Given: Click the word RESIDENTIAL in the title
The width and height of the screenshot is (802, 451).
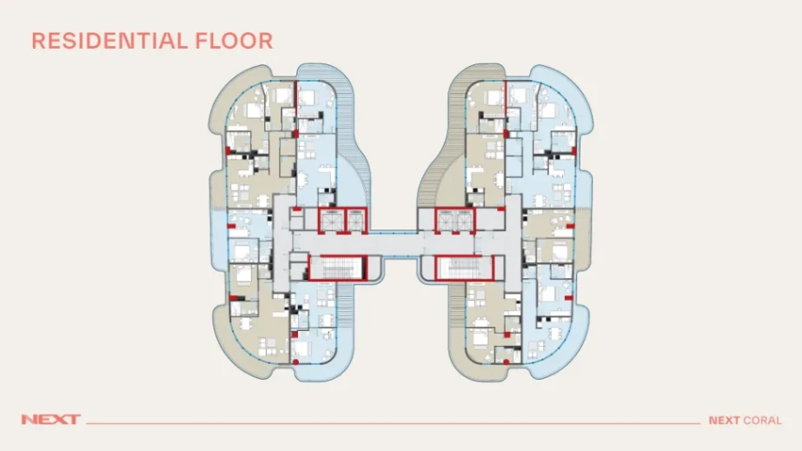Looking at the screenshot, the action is [109, 42].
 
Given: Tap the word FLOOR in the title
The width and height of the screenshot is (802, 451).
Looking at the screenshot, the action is [235, 42].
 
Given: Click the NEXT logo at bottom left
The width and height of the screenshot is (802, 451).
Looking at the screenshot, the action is [50, 420].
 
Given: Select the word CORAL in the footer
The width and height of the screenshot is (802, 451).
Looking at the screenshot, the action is [763, 421].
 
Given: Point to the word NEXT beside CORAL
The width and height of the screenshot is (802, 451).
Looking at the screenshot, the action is [724, 421].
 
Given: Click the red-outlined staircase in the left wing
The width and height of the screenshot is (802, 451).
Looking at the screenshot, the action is [338, 268].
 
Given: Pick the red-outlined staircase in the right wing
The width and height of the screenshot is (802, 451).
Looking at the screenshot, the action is [464, 268].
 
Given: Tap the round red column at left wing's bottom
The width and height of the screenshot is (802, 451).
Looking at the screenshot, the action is [295, 362].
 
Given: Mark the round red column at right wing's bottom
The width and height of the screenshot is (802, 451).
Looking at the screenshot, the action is [506, 362].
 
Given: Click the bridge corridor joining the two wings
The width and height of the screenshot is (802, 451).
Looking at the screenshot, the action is [401, 244].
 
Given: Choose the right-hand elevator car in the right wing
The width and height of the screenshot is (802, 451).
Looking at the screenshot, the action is [464, 221].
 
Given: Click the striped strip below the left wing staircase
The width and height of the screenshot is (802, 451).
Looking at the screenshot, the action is [345, 307].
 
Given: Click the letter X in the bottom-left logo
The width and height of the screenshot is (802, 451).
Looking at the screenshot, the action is [60, 420].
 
